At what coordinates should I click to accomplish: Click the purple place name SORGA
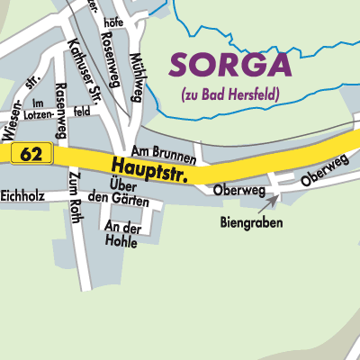pos(231,65)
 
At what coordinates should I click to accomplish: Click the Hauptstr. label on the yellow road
pos(150,168)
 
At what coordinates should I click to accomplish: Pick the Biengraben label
pos(252,221)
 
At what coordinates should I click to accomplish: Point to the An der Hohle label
pos(124,234)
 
